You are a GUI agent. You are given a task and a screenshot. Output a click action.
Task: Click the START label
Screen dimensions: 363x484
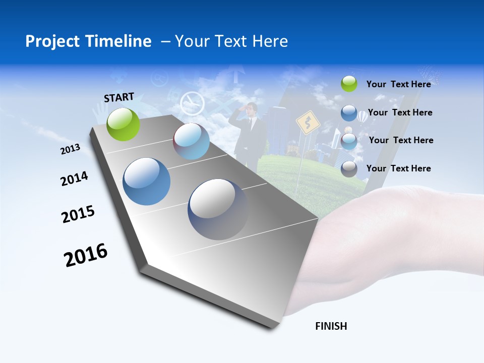[x=119, y=97]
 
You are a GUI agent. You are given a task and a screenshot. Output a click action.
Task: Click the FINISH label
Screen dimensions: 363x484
[x=331, y=326]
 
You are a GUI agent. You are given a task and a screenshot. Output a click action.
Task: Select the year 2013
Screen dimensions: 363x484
[x=71, y=149]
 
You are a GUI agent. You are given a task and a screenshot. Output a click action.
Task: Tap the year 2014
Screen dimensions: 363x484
[x=74, y=178]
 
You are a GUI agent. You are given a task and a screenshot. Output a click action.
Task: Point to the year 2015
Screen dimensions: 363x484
[x=78, y=214]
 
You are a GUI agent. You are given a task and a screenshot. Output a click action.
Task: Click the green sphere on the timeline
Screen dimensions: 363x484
[x=124, y=124]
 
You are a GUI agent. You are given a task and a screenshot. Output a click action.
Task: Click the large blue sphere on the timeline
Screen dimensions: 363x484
[x=147, y=181]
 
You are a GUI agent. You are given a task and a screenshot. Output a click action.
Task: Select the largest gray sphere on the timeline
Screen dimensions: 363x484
[x=218, y=209]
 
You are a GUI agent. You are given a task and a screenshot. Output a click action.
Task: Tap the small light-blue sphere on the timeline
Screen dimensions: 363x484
[x=192, y=141]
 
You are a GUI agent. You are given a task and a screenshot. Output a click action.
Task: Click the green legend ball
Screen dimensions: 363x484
[x=349, y=84]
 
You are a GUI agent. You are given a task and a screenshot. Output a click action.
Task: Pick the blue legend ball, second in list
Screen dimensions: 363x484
[x=349, y=113]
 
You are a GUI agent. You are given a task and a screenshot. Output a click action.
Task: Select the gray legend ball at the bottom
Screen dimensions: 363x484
[x=349, y=169]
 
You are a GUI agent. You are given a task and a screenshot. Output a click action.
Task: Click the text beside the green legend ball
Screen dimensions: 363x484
[x=398, y=84]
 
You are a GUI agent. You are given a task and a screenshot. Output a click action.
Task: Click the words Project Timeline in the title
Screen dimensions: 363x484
[x=88, y=41]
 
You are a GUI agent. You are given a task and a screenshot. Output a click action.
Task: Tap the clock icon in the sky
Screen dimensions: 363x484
[x=192, y=103]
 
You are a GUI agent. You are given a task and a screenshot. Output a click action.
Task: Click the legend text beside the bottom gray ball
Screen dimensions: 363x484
[x=398, y=168]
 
